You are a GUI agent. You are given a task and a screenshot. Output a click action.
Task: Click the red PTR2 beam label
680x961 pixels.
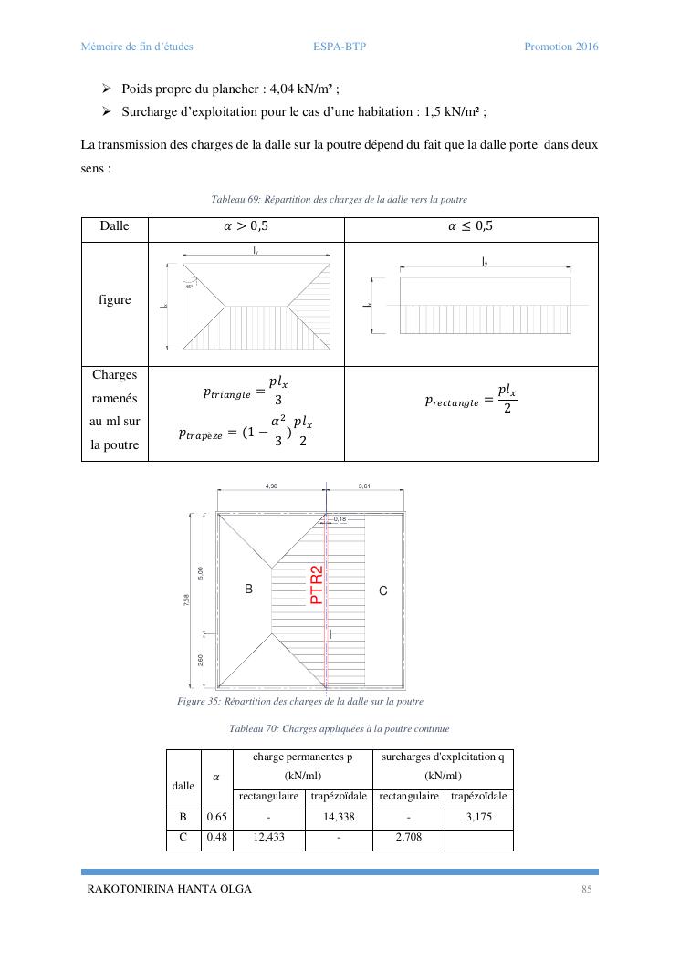point(318,585)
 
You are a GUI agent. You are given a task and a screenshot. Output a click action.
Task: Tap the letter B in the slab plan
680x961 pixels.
point(248,590)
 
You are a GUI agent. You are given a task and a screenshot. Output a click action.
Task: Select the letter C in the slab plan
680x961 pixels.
point(383,591)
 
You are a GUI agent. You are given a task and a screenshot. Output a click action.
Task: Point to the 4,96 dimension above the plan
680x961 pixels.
point(271,486)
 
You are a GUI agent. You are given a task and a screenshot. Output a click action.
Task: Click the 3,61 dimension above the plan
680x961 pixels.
point(364,486)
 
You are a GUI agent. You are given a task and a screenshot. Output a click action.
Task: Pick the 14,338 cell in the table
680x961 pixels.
point(339,817)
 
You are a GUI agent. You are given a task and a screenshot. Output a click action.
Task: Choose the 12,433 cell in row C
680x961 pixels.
point(268,836)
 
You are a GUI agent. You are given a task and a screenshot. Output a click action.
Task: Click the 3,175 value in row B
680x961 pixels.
point(478,817)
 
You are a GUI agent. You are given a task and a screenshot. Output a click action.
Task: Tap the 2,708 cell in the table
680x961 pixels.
point(408,836)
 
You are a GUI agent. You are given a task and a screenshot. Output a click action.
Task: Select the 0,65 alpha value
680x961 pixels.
point(216,817)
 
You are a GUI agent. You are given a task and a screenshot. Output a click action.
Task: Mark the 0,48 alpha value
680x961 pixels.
point(216,836)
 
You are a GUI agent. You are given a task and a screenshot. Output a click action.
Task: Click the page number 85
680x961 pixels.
point(587,889)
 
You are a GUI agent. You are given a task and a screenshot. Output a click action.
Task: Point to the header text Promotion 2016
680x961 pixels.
point(560,47)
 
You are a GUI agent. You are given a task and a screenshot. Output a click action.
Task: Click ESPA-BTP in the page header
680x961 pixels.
point(339,47)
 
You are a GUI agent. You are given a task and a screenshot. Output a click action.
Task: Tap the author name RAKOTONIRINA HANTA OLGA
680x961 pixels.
point(169,889)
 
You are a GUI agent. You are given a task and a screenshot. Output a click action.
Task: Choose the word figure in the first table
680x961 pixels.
point(114,300)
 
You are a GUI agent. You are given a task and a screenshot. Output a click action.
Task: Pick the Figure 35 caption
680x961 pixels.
point(299,701)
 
